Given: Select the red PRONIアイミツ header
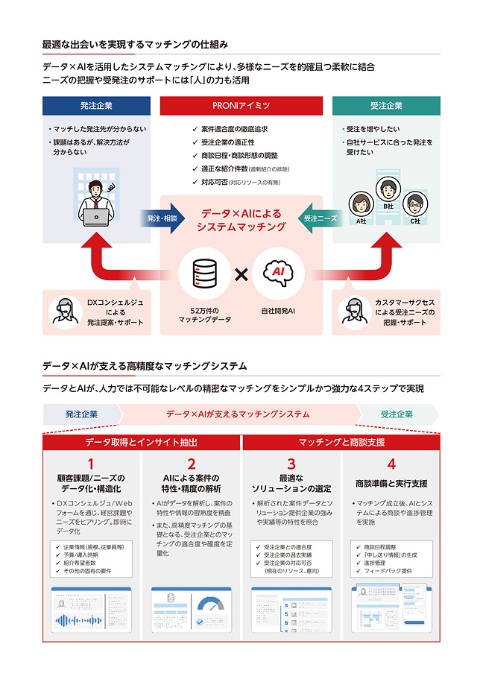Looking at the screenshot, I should [241, 106].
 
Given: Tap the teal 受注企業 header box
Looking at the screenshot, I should [385, 106].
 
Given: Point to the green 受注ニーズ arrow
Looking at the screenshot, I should [320, 218].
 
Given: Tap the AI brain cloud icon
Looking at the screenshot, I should [278, 274].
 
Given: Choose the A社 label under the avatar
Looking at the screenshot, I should [361, 221].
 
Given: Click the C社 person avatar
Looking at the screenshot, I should [413, 203].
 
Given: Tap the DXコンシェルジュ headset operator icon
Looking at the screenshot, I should [65, 312].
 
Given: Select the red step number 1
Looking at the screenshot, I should [91, 465].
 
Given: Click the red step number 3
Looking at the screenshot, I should [291, 465].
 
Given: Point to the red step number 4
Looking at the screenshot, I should [391, 465].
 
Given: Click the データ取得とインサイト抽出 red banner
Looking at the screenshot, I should [142, 442].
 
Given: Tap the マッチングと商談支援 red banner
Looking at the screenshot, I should [341, 442].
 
